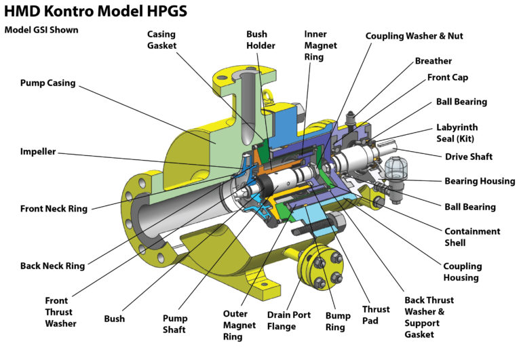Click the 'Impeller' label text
click(x=39, y=152)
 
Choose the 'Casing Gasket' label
click(x=162, y=40)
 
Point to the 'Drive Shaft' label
click(x=468, y=157)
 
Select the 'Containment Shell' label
click(x=471, y=237)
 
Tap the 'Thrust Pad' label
click(x=375, y=315)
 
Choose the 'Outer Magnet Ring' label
click(x=239, y=324)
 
